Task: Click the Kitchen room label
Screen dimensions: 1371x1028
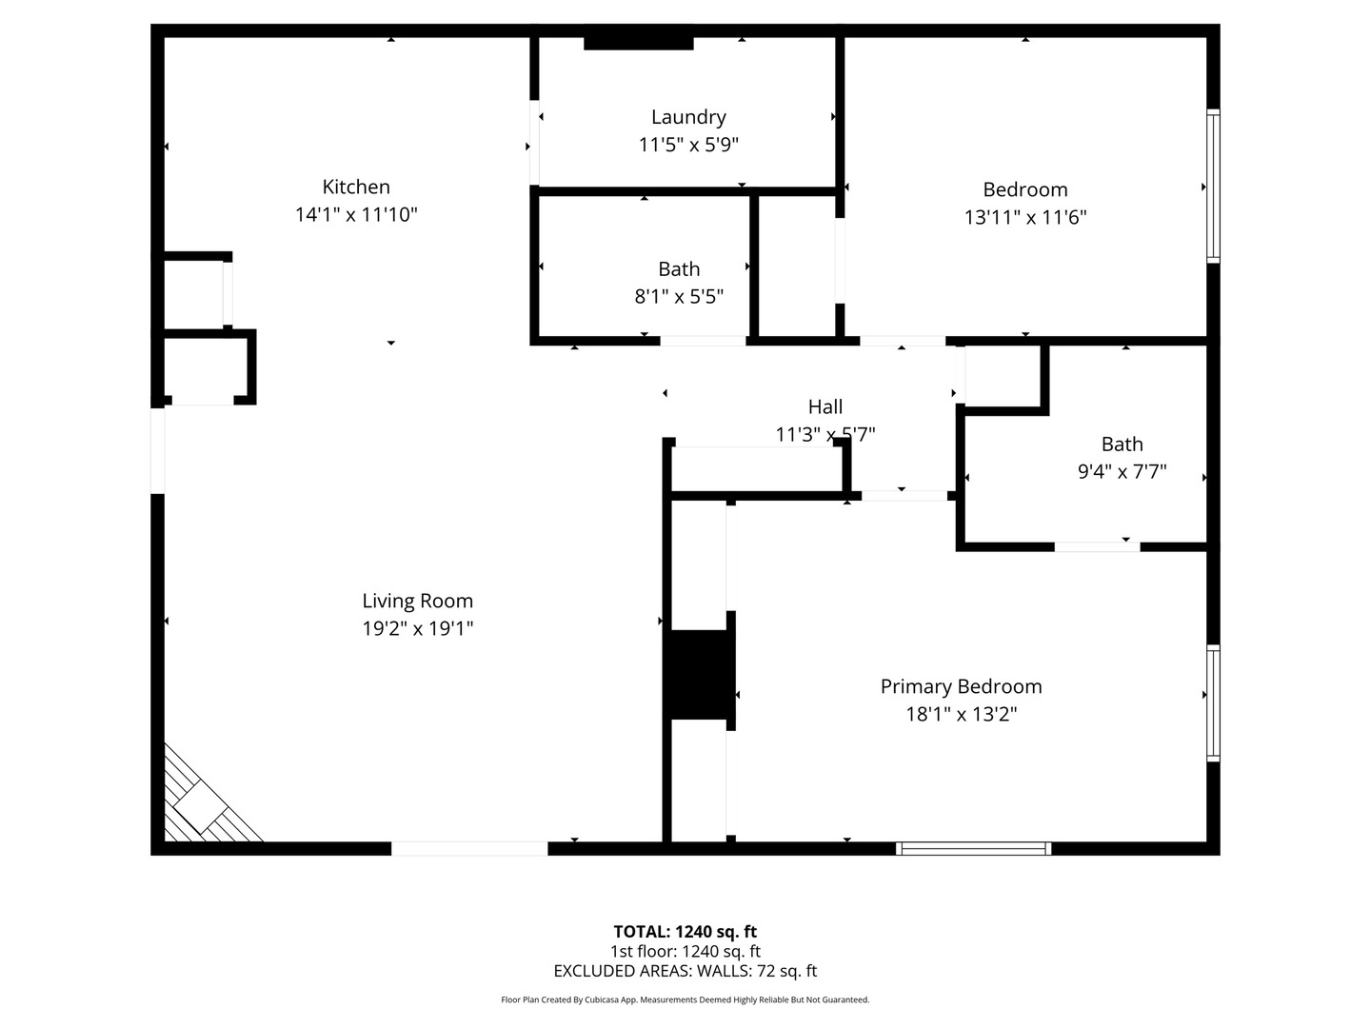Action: point(356,187)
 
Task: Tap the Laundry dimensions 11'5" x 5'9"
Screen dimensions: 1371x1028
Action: point(688,145)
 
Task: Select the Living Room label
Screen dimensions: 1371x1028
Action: point(417,601)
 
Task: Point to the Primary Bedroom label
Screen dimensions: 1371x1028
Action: point(962,686)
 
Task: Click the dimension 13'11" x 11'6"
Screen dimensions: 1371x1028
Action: point(1025,217)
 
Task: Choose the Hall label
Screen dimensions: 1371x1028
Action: point(825,407)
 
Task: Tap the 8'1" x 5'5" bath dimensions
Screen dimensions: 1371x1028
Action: point(679,296)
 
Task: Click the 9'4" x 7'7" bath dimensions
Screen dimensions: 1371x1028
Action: point(1123,470)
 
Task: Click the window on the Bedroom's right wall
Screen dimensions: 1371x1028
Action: point(1213,186)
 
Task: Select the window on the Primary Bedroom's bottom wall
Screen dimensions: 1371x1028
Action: point(973,848)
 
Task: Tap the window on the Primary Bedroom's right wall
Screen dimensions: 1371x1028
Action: point(1213,702)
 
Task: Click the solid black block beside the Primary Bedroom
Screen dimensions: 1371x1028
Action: point(699,674)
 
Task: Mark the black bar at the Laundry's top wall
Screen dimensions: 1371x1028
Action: point(638,43)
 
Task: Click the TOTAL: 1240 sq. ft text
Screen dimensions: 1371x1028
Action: point(685,932)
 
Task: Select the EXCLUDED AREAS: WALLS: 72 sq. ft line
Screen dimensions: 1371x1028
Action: point(685,971)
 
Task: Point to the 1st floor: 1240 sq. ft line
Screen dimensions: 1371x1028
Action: point(685,951)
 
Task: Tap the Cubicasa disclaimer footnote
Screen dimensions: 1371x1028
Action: point(685,999)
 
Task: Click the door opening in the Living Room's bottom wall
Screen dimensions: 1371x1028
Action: point(469,848)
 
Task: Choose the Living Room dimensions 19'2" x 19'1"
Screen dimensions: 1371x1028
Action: point(418,628)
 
